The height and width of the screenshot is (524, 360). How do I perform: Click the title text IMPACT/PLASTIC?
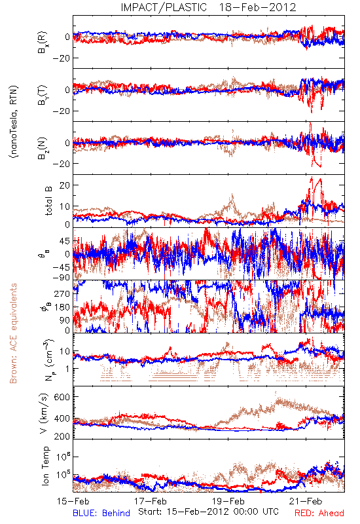pyautogui.click(x=164, y=7)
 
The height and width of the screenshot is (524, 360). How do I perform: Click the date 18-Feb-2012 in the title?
pyautogui.click(x=257, y=7)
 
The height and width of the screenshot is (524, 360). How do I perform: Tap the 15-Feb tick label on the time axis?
pyautogui.click(x=73, y=501)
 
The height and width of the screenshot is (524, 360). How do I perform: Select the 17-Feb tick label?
pyautogui.click(x=151, y=501)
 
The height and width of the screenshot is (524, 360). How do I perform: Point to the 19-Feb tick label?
pyautogui.click(x=228, y=501)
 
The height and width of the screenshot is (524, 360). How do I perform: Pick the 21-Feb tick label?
pyautogui.click(x=306, y=501)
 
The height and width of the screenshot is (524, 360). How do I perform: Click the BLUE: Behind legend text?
pyautogui.click(x=101, y=513)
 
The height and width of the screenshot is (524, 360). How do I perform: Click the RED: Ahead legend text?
pyautogui.click(x=319, y=513)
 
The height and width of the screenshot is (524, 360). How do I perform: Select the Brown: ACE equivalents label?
pyautogui.click(x=12, y=333)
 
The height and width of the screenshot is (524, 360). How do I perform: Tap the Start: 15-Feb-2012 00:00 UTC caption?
pyautogui.click(x=208, y=512)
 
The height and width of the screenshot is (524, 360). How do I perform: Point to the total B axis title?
pyautogui.click(x=48, y=201)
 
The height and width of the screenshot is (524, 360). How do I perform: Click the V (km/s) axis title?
pyautogui.click(x=44, y=413)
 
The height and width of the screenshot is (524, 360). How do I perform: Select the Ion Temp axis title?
pyautogui.click(x=45, y=466)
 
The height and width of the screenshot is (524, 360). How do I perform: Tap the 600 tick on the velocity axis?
pyautogui.click(x=62, y=397)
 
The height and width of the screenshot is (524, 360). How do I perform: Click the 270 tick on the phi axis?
pyautogui.click(x=62, y=293)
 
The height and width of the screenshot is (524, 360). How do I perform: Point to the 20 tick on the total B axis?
pyautogui.click(x=65, y=185)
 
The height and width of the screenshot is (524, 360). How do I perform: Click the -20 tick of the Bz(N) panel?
pyautogui.click(x=61, y=164)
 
